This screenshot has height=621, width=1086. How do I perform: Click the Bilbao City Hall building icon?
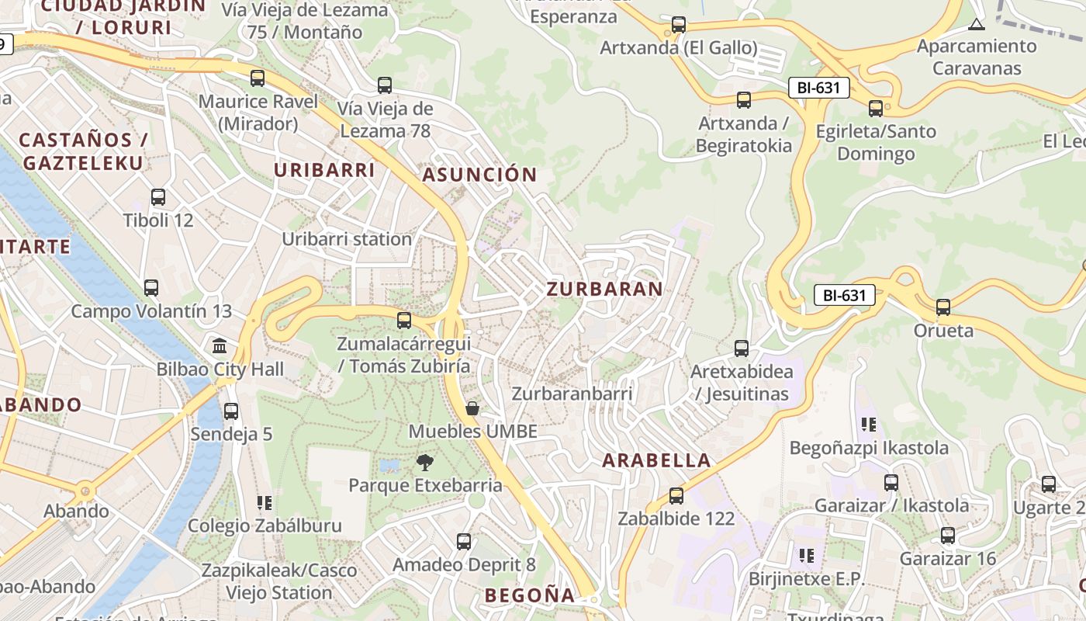pos(220,345)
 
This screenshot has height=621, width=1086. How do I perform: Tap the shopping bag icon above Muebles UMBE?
pos(472,408)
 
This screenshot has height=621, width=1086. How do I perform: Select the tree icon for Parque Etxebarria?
pos(424,463)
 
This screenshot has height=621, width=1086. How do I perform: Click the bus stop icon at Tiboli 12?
pos(158,197)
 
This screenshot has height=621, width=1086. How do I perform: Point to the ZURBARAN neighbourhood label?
pos(605,290)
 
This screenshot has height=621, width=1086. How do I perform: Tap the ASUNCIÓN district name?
pos(479,175)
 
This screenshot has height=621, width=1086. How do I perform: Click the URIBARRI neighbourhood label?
pos(324,170)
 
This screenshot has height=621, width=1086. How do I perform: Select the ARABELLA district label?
pos(656,460)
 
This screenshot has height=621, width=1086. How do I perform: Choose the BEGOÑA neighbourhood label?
pos(530,595)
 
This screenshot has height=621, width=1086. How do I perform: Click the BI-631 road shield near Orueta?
pos(844,295)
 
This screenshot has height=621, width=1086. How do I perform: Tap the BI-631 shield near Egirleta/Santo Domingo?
pos(818,88)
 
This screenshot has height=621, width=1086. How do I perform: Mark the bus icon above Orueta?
pos(943,307)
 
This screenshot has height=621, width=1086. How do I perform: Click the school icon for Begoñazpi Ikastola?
pos(869,425)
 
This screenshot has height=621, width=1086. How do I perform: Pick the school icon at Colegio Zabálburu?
pos(265,503)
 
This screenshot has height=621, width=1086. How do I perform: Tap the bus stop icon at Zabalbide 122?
pos(676,495)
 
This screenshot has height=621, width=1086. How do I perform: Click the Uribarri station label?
pos(347,239)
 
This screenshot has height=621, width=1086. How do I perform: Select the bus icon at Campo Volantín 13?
pos(151,288)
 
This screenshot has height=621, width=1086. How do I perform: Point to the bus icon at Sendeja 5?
pos(231,411)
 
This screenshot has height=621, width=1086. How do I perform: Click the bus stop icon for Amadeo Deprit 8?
pos(464,542)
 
